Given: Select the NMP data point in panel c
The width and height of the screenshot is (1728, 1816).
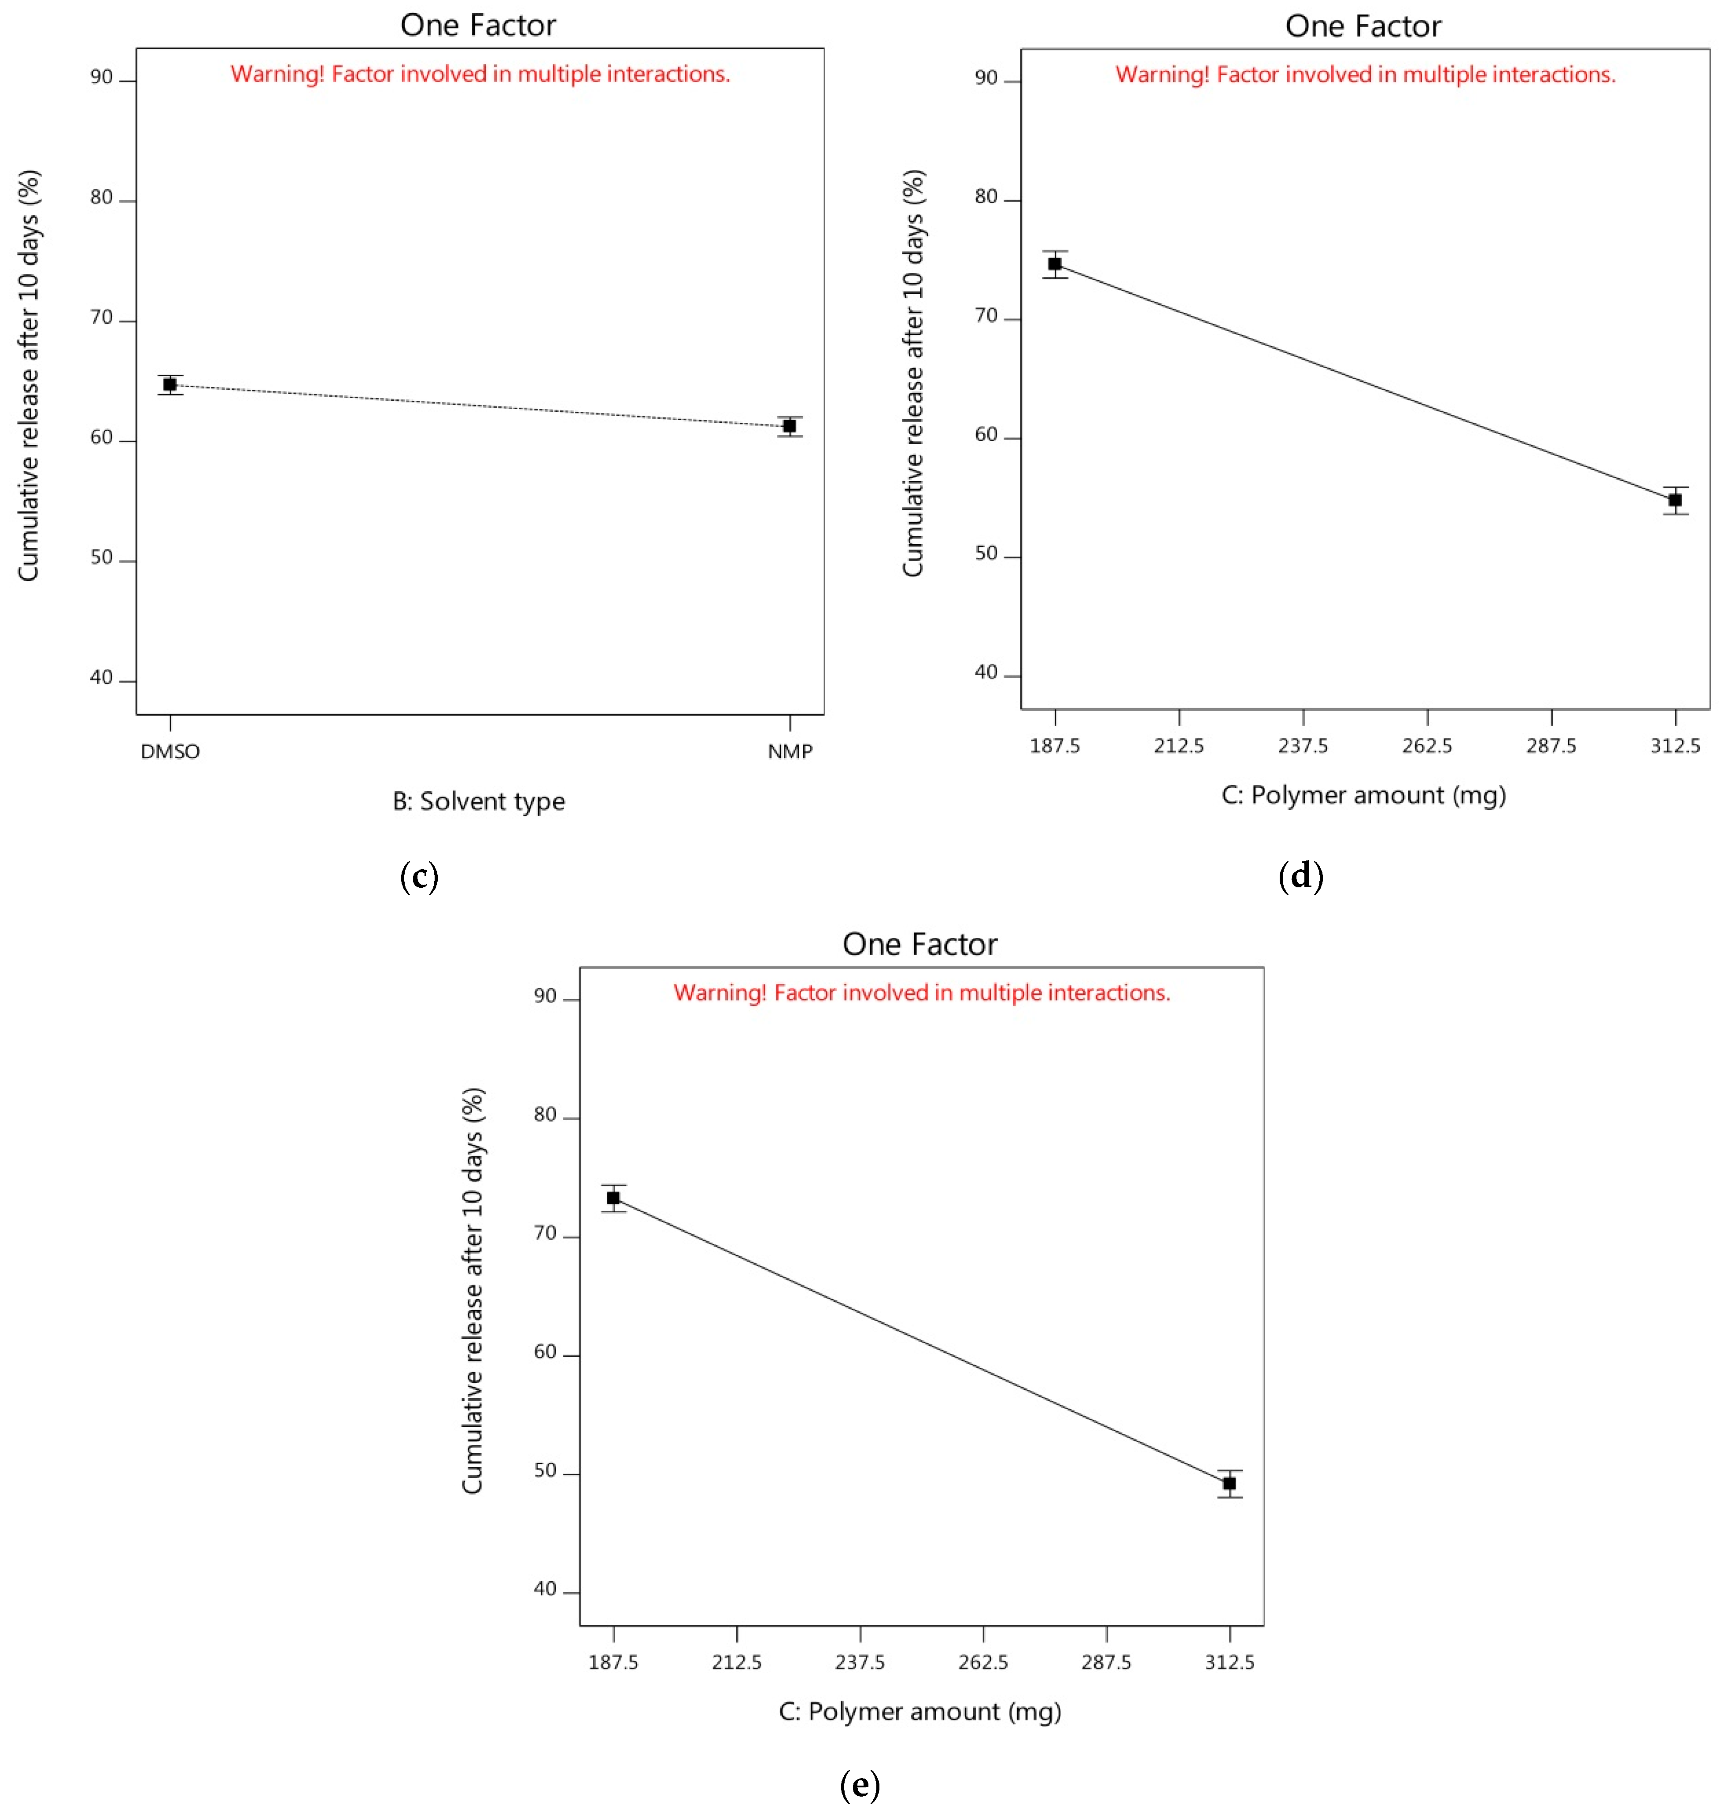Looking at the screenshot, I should pyautogui.click(x=790, y=426).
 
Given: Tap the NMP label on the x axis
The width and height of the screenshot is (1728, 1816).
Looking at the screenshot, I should pyautogui.click(x=790, y=751).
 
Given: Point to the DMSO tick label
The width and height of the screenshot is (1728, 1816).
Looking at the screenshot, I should pyautogui.click(x=170, y=751).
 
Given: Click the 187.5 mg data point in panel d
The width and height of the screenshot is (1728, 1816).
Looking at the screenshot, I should pyautogui.click(x=1055, y=264).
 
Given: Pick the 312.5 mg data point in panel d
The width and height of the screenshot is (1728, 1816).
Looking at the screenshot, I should pyautogui.click(x=1675, y=500).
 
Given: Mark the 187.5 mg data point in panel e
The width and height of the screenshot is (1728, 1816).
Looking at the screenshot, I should pyautogui.click(x=613, y=1198).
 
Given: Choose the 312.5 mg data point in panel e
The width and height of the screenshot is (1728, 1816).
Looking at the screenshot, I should pyautogui.click(x=1230, y=1484).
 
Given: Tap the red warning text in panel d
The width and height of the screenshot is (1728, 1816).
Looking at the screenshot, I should pyautogui.click(x=1365, y=74).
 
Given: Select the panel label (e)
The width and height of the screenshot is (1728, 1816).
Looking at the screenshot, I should pyautogui.click(x=860, y=1785).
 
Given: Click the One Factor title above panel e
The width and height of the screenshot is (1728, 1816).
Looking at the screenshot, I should pyautogui.click(x=919, y=944).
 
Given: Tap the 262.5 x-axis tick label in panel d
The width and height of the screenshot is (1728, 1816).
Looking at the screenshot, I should pyautogui.click(x=1427, y=746).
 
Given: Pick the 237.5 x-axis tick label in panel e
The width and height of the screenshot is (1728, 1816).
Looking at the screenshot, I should pyautogui.click(x=860, y=1662).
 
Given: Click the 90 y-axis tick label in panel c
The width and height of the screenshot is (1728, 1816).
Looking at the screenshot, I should pyautogui.click(x=101, y=78).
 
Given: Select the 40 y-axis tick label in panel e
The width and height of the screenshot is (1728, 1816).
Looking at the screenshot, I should pyautogui.click(x=545, y=1590).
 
